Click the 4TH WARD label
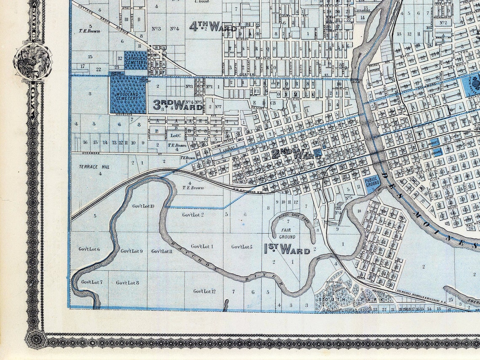pyautogui.click(x=212, y=27)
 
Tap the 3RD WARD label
pyautogui.click(x=177, y=104)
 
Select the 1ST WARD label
pyautogui.click(x=287, y=249)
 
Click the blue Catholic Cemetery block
pyautogui.click(x=135, y=60)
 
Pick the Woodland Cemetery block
pyautogui.click(x=128, y=95)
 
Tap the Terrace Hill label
pyautogui.click(x=94, y=167)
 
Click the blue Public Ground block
pyautogui.click(x=372, y=184)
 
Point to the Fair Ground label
pyautogui.click(x=287, y=234)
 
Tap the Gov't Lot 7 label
pyautogui.click(x=92, y=282)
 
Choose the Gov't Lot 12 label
pyautogui.click(x=205, y=291)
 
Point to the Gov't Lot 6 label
pyautogui.click(x=89, y=249)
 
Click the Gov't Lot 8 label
pyautogui.click(x=128, y=283)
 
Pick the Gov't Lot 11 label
pyautogui.click(x=162, y=251)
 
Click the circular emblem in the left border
pyautogui.click(x=33, y=62)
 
